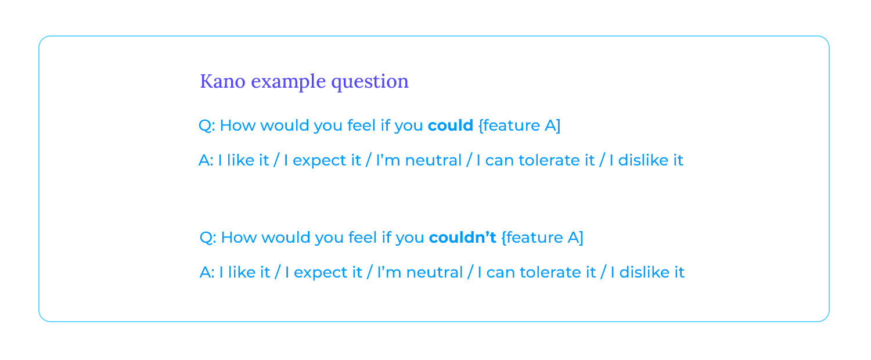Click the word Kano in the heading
(x=223, y=81)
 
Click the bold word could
(x=450, y=125)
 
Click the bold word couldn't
(x=462, y=237)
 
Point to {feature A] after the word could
(x=520, y=125)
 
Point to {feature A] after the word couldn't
(x=542, y=237)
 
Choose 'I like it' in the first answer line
(x=243, y=160)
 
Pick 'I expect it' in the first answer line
(x=322, y=161)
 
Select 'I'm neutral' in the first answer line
(x=419, y=160)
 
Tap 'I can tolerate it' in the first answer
(x=535, y=160)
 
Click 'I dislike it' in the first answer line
(x=646, y=160)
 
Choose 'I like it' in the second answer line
(x=244, y=272)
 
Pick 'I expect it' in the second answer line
(x=323, y=273)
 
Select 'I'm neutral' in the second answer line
(x=420, y=272)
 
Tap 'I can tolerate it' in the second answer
(x=537, y=272)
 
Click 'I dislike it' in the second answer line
(x=647, y=272)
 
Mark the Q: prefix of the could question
(x=207, y=126)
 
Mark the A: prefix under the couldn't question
(x=207, y=272)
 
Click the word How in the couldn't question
(x=239, y=237)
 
